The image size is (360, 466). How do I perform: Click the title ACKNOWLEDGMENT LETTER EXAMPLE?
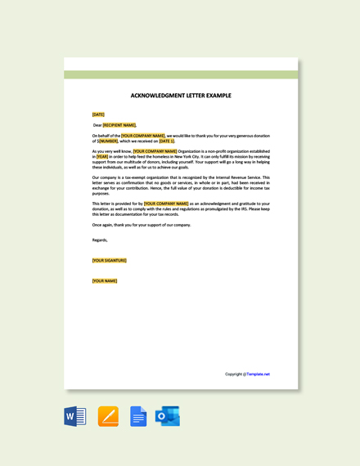pyautogui.click(x=181, y=96)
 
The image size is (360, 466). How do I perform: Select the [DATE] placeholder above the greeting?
pyautogui.click(x=98, y=114)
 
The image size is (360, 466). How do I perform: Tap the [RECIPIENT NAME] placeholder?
pyautogui.click(x=119, y=125)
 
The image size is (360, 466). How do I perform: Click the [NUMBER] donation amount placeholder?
pyautogui.click(x=108, y=141)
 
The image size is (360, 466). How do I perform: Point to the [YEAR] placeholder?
pyautogui.click(x=102, y=156)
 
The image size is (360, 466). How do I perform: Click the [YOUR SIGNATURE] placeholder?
pyautogui.click(x=110, y=260)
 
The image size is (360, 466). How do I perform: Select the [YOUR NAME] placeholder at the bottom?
pyautogui.click(x=105, y=280)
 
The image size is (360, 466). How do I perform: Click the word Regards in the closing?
pyautogui.click(x=100, y=240)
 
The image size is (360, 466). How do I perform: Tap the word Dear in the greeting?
pyautogui.click(x=97, y=125)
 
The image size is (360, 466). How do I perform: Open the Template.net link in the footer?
pyautogui.click(x=258, y=374)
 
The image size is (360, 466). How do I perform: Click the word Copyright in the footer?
pyautogui.click(x=234, y=374)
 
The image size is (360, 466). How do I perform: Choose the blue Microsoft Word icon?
pyautogui.click(x=75, y=416)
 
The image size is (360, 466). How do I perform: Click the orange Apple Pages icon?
pyautogui.click(x=108, y=416)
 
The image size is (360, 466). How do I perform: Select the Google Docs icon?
pyautogui.click(x=138, y=416)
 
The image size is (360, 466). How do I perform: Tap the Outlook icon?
pyautogui.click(x=168, y=416)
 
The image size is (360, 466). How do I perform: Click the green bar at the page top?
pyautogui.click(x=181, y=74)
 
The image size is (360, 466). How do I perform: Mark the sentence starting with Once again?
pyautogui.click(x=142, y=224)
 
